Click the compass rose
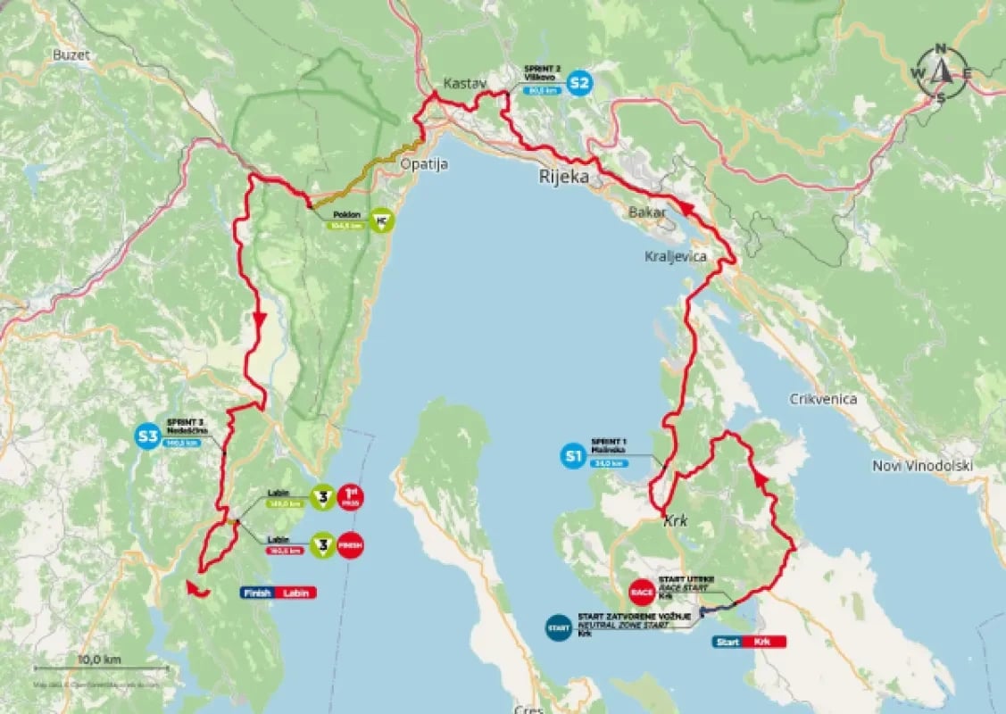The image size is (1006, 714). (x=940, y=74)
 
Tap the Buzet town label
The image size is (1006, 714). (x=71, y=55)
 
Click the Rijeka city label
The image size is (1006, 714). (x=563, y=177)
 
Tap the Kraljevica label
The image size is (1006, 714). (x=675, y=256)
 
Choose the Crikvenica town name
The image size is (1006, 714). (x=822, y=399)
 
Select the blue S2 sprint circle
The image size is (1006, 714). (x=580, y=84)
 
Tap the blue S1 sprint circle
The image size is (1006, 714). (x=573, y=458)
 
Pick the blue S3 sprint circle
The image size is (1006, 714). (x=146, y=436)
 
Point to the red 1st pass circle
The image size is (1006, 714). (x=350, y=497)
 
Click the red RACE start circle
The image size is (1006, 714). (x=642, y=590)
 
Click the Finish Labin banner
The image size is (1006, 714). (x=278, y=592)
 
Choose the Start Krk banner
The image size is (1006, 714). (x=749, y=641)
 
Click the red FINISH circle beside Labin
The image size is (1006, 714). (x=350, y=544)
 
